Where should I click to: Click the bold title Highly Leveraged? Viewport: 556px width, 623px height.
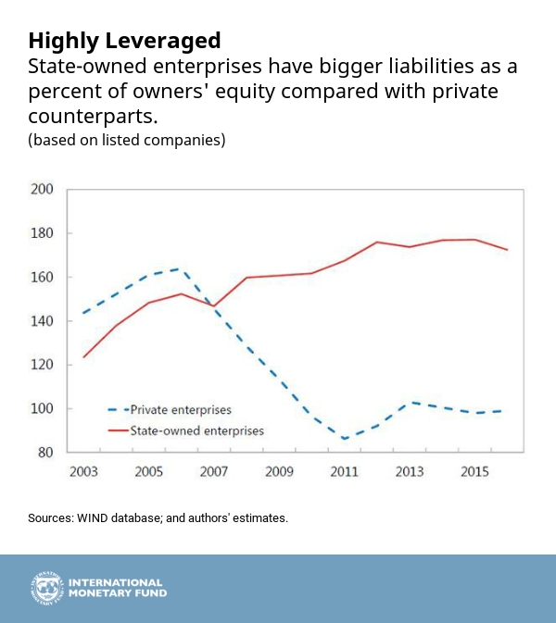124,41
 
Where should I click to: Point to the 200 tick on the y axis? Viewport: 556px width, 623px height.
43,190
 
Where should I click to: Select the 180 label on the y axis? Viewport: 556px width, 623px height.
43,233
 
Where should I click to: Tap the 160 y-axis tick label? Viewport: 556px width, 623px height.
43,278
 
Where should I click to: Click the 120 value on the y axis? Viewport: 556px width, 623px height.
43,365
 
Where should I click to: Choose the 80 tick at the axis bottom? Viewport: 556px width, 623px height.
46,453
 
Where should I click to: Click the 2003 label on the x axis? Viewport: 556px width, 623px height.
84,472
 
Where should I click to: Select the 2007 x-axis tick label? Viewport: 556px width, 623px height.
214,472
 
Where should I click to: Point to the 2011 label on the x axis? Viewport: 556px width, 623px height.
344,472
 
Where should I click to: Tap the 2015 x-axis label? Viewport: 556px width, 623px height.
474,472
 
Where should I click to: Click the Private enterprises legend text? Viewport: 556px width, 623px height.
181,409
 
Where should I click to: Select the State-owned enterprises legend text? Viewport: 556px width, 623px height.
197,430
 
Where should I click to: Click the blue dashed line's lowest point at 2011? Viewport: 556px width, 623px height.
344,439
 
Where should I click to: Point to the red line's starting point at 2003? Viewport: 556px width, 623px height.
84,357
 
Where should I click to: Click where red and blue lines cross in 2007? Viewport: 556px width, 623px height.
213,306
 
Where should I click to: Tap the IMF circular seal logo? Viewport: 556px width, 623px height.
45,589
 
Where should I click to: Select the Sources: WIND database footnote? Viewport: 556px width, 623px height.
158,518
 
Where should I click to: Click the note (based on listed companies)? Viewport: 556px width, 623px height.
127,141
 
